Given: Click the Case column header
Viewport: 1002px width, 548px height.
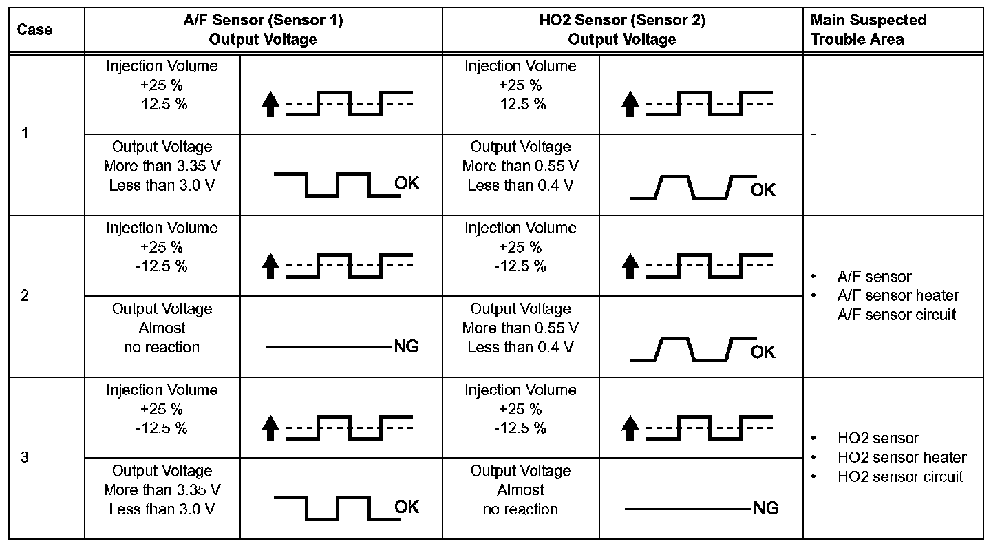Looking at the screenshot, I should coord(34,30).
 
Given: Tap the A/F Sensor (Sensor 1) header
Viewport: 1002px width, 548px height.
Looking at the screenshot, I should coord(263,30).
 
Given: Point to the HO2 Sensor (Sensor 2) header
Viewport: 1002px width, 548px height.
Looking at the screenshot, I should coord(622,30).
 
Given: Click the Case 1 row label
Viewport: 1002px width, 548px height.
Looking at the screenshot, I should coord(25,134).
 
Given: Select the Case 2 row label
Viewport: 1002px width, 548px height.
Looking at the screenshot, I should coord(25,296).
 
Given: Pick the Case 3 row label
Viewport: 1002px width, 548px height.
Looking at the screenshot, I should coord(25,458).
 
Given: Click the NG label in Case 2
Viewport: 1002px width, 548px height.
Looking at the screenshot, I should coord(405,346).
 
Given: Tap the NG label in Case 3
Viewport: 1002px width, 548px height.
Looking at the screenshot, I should coord(765,509).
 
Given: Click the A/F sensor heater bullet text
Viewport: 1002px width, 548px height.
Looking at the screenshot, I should coord(897,295).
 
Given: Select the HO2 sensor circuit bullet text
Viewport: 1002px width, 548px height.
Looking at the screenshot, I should coord(899,476).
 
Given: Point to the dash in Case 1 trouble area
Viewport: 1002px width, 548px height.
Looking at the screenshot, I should coord(813,134).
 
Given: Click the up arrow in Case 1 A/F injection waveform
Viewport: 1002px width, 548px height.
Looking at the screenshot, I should coord(271,105).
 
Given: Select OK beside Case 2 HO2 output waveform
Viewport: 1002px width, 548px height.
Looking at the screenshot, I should coord(763,352).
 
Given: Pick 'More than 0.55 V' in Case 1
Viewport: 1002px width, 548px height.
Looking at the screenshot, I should coord(520,166).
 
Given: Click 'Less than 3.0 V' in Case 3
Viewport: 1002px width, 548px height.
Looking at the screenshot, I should coord(162,509).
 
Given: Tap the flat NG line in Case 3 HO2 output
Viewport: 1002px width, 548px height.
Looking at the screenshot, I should coord(688,509).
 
